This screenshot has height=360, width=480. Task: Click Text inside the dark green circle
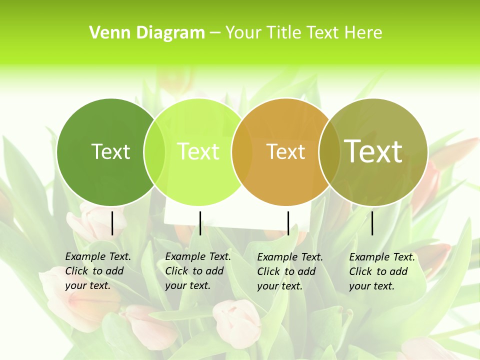(110, 151)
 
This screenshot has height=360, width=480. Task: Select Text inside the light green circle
(198, 151)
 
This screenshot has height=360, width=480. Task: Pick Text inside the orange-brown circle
(285, 151)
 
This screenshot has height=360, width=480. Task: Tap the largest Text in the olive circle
(373, 151)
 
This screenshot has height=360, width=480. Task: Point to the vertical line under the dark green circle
(112, 223)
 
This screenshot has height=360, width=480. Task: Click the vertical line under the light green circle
(200, 223)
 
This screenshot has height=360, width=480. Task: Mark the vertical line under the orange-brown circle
(288, 223)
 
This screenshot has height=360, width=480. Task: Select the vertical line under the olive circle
(372, 223)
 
